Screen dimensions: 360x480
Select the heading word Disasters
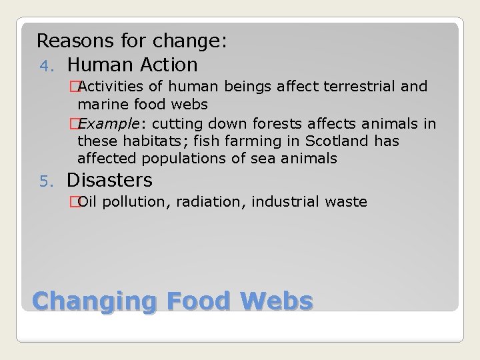tap(109, 180)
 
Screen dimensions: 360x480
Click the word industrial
tap(287, 201)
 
